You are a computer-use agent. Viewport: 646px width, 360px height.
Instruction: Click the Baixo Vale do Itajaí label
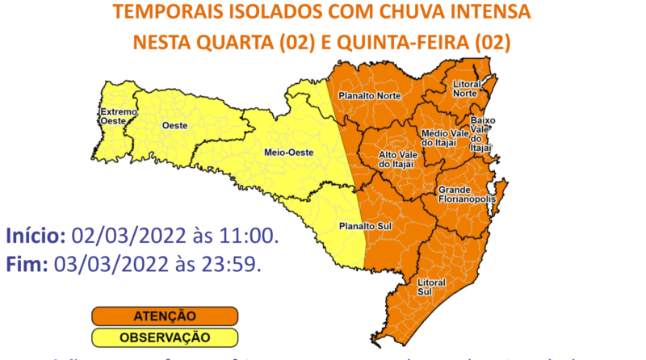coord(482,133)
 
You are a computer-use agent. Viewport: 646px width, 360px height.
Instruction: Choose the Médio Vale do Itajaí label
coord(441,137)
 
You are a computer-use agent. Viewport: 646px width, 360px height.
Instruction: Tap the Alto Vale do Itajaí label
coord(396,159)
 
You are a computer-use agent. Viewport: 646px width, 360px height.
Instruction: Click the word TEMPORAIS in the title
coord(161,12)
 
